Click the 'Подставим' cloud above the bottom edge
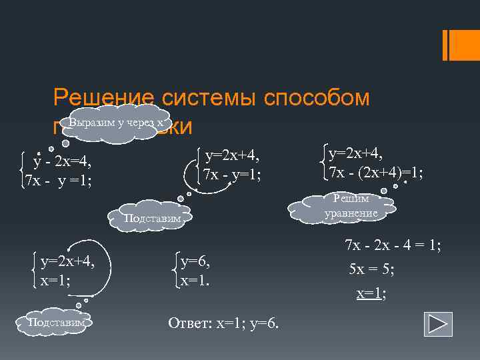point(57,323)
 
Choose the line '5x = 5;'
point(372,270)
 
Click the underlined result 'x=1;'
point(371,294)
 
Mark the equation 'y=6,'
point(195,263)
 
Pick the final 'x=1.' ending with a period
point(195,280)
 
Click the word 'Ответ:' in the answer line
point(189,323)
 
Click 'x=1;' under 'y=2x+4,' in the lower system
point(56,281)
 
